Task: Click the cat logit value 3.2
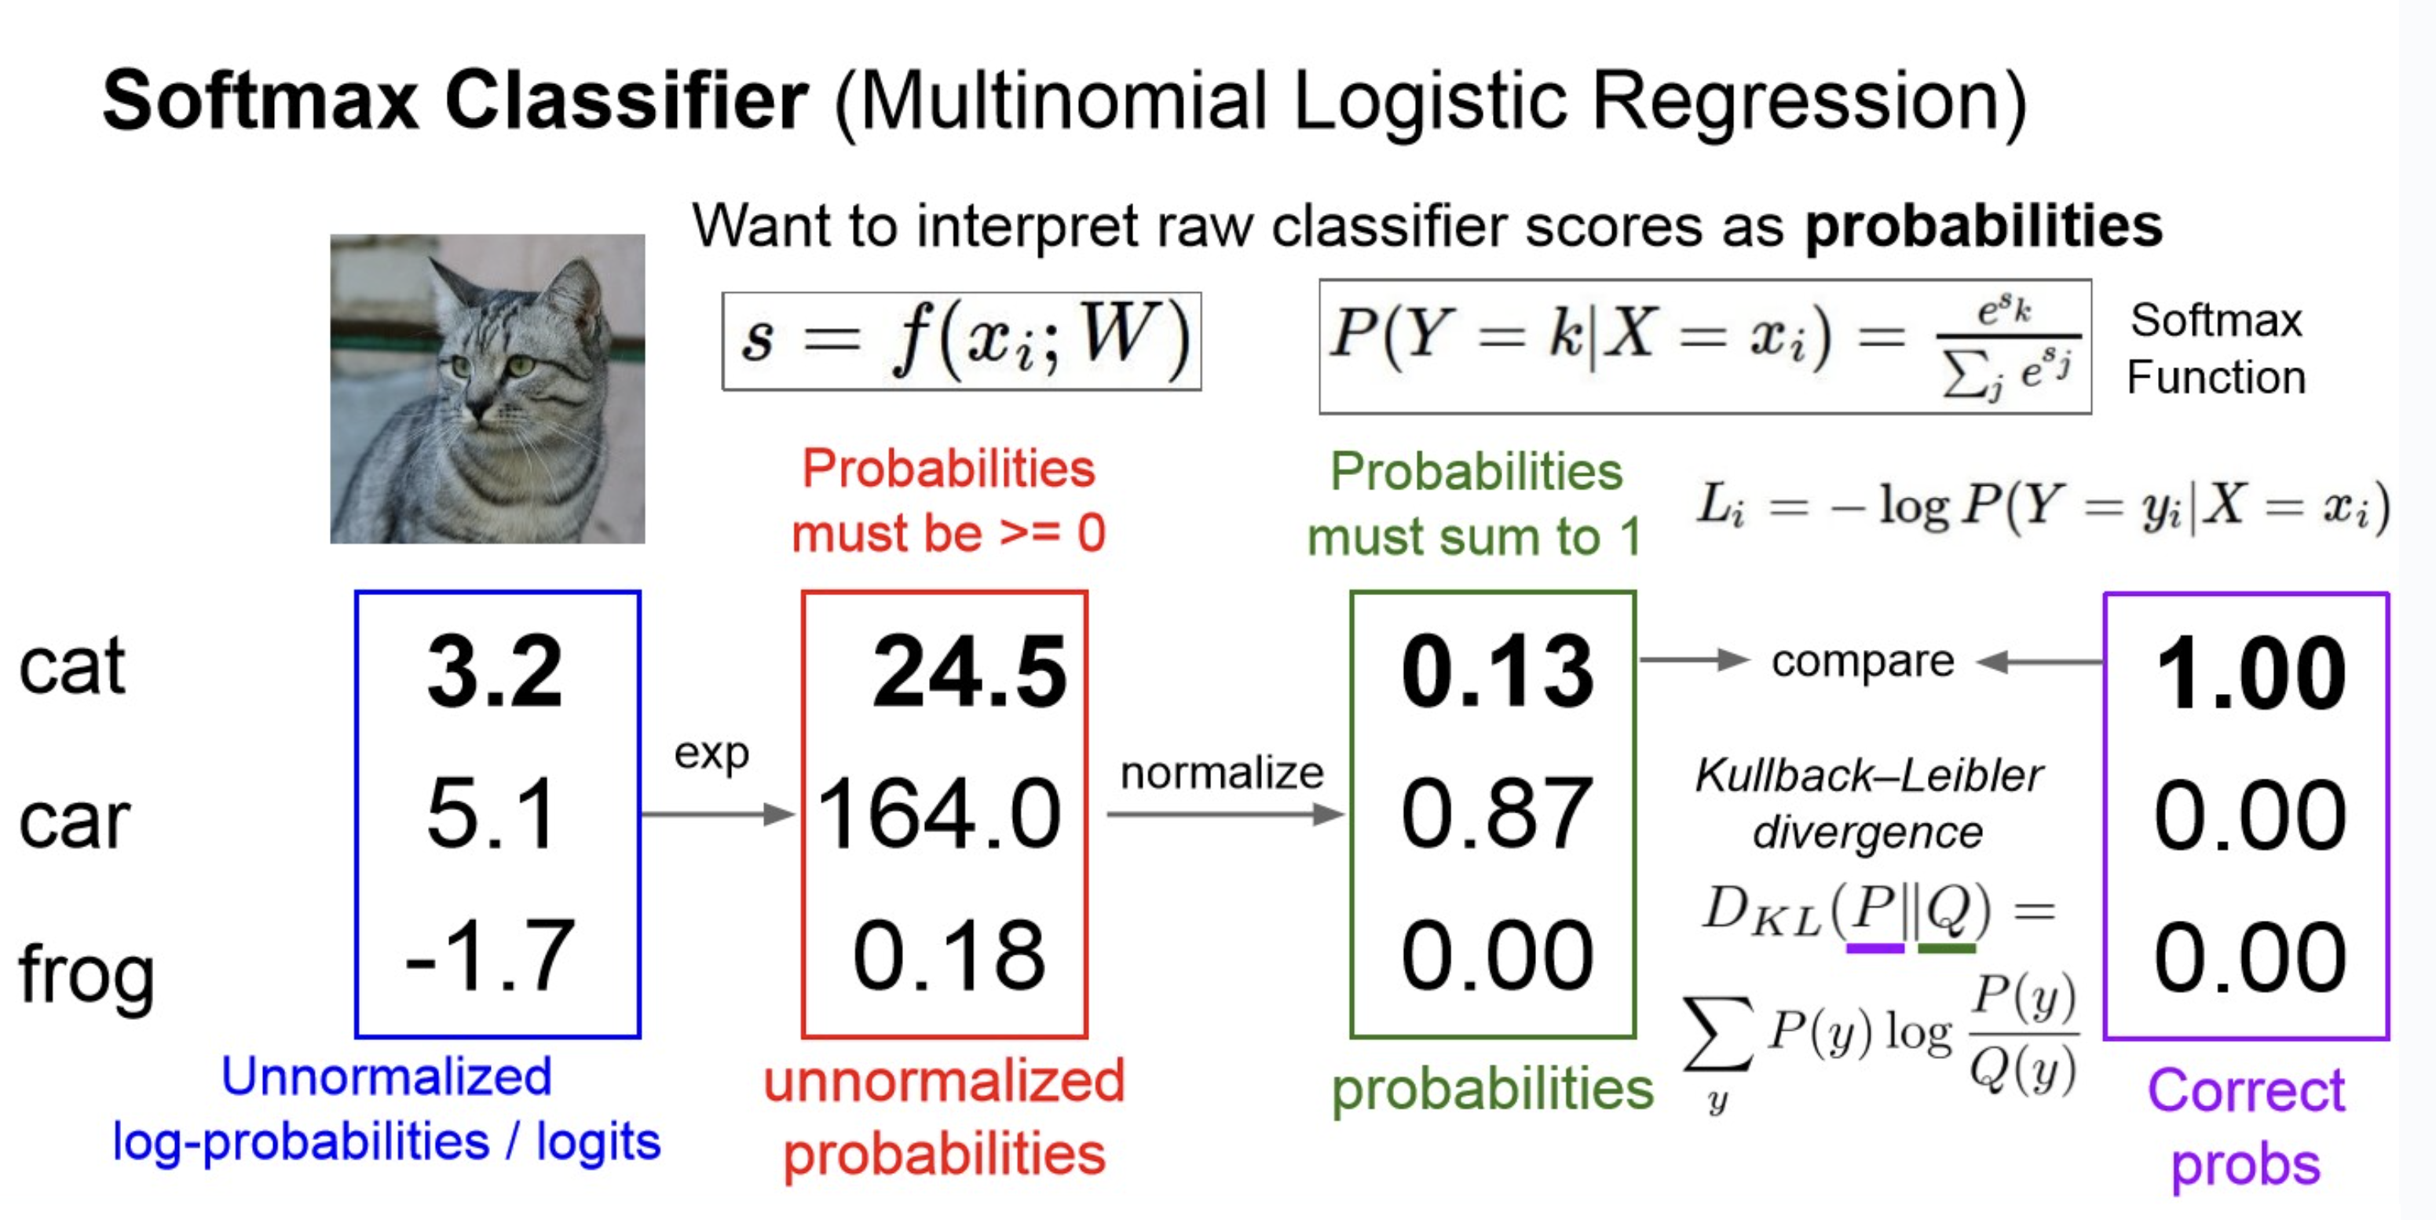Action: pyautogui.click(x=496, y=671)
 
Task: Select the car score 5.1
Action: pyautogui.click(x=491, y=813)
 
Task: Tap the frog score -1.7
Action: pyautogui.click(x=490, y=955)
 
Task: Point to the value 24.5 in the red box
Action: pyautogui.click(x=969, y=671)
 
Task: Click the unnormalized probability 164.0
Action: pyautogui.click(x=939, y=813)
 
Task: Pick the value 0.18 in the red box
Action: pyautogui.click(x=949, y=955)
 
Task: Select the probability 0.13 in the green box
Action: pyautogui.click(x=1497, y=671)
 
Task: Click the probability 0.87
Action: pyautogui.click(x=1497, y=813)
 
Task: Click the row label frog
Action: pyautogui.click(x=87, y=975)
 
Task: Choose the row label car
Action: pyautogui.click(x=74, y=821)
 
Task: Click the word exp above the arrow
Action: pyautogui.click(x=711, y=754)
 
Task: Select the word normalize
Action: pyautogui.click(x=1222, y=773)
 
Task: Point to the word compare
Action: pyautogui.click(x=1863, y=662)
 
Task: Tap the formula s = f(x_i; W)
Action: pyautogui.click(x=963, y=342)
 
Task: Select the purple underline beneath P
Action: pyautogui.click(x=1875, y=948)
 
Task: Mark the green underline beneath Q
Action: pyautogui.click(x=1946, y=948)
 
